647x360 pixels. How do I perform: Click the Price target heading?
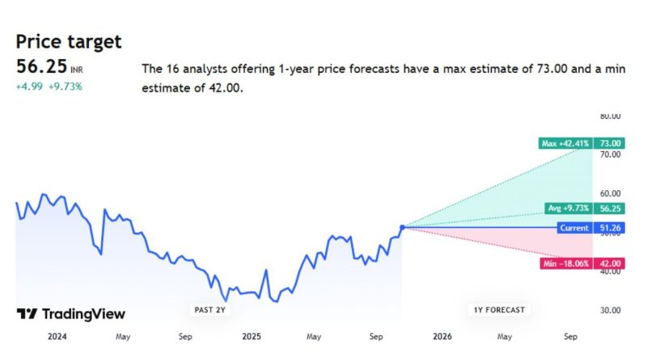[x=69, y=41]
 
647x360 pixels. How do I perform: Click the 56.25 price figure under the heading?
[x=41, y=67]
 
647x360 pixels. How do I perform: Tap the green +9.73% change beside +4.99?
[x=65, y=86]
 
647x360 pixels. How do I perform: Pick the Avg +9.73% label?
[x=569, y=208]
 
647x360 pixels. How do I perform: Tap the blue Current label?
[x=574, y=228]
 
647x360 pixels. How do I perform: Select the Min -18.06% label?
[x=565, y=263]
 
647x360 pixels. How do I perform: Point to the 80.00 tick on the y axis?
[x=609, y=116]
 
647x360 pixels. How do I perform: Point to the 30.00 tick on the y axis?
[x=609, y=310]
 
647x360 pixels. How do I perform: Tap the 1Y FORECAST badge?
[x=498, y=310]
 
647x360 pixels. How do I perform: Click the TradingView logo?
[x=71, y=314]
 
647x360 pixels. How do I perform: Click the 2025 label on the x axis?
[x=252, y=336]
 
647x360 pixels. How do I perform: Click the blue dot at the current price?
[x=403, y=227]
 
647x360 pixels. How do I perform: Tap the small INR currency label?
[x=77, y=70]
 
